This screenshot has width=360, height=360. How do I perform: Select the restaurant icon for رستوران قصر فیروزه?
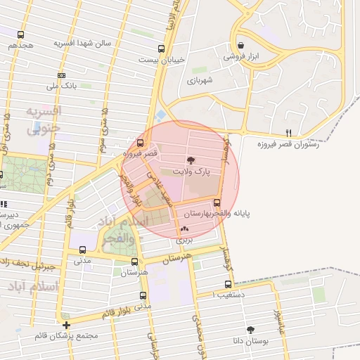pos(288,133)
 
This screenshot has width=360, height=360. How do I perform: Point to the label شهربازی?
pos(204,81)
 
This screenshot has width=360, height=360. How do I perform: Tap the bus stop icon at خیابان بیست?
pos(162,49)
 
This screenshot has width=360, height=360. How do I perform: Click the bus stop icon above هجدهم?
pos(21,34)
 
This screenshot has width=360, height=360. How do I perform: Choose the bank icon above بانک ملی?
pos(62,75)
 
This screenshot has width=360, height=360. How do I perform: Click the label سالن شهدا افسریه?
pos(84,43)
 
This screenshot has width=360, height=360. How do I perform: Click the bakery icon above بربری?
pos(184,229)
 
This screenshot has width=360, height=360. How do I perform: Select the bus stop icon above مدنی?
pos(83,250)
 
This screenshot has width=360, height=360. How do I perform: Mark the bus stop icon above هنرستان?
pos(134,262)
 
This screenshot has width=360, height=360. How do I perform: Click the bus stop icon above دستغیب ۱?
pos(228,284)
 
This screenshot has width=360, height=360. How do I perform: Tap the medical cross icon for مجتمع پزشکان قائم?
pos(67,325)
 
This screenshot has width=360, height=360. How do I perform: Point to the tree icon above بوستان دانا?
pos(250,329)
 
